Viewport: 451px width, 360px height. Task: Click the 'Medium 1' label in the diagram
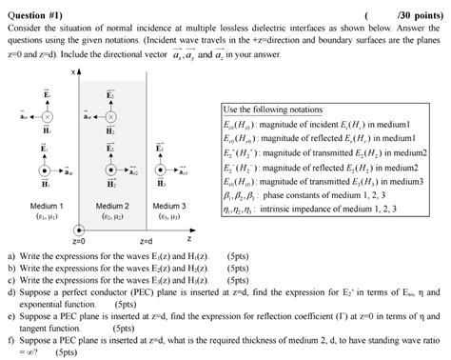click(47, 205)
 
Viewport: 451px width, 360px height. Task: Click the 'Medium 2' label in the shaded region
click(113, 205)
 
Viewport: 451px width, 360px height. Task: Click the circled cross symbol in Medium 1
click(46, 116)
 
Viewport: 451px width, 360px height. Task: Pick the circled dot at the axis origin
click(78, 229)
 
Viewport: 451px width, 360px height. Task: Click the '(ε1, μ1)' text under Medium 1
click(47, 216)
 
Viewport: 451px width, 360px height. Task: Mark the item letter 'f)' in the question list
click(10, 338)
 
